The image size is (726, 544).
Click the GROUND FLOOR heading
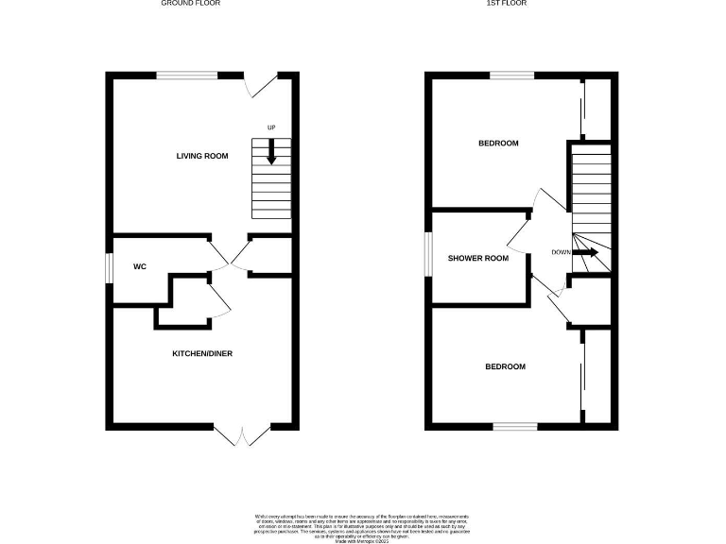(x=192, y=4)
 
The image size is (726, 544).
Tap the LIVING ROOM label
(x=202, y=156)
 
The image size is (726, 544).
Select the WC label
(x=140, y=267)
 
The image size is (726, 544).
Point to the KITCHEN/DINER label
(x=201, y=354)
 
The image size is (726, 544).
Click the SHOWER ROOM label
(x=478, y=258)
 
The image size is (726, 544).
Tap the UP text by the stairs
(x=271, y=128)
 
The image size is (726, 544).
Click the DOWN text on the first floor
(x=561, y=252)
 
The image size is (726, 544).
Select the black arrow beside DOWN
(x=587, y=252)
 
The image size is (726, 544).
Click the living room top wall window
(x=186, y=76)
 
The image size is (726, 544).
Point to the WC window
(x=109, y=267)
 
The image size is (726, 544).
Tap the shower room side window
(x=427, y=256)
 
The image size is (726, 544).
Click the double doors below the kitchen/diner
(x=242, y=434)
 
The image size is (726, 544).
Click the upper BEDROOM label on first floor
(x=498, y=144)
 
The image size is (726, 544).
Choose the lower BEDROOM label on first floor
(x=505, y=366)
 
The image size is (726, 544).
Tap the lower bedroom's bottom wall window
(x=515, y=427)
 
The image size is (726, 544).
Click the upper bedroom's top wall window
(x=510, y=76)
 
